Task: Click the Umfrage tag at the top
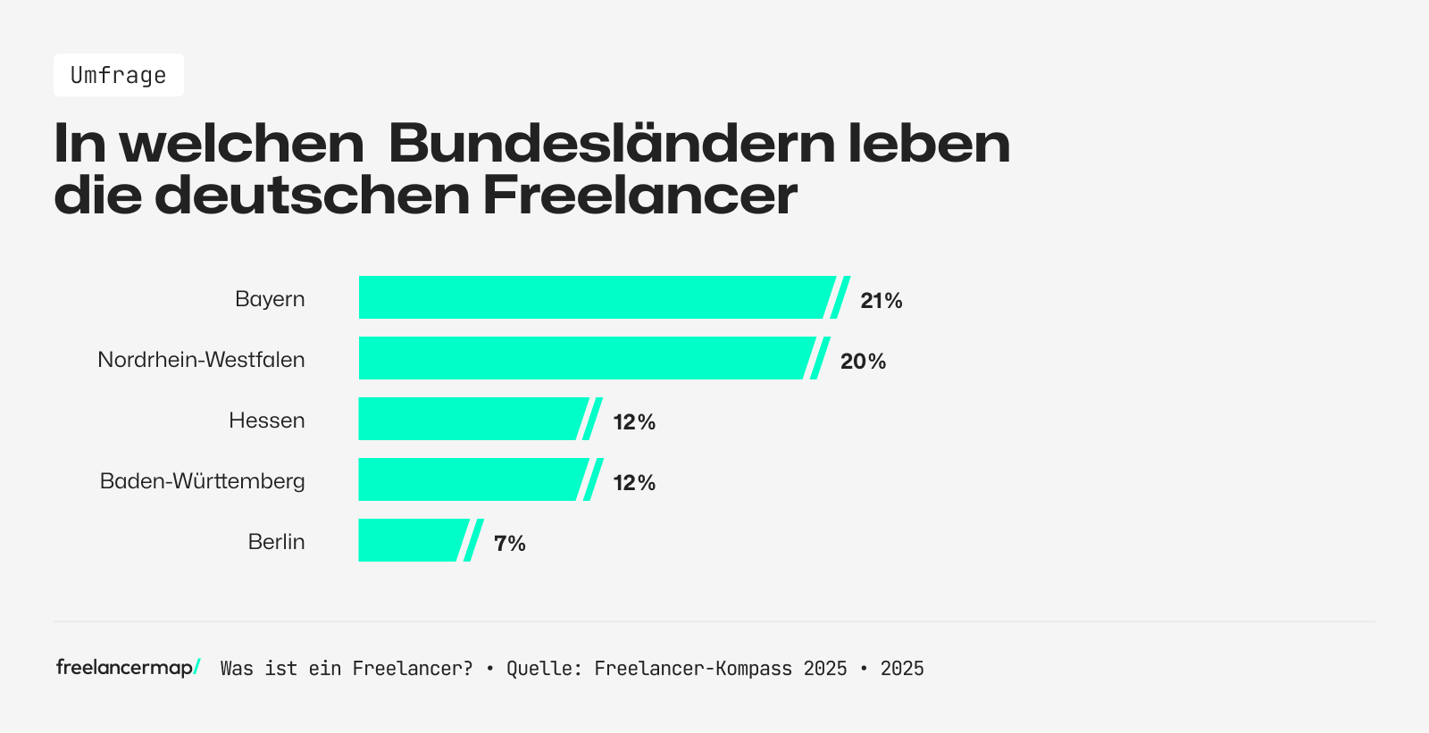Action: coord(118,75)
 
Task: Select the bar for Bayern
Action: coord(594,297)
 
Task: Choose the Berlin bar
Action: coord(411,540)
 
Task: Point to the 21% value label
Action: coord(881,301)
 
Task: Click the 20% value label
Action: coord(863,362)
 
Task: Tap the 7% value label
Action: coord(509,544)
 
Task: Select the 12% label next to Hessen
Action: coord(634,422)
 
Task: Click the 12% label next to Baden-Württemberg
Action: coord(634,483)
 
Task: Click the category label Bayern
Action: coord(270,299)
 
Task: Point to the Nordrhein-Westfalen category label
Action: coord(201,360)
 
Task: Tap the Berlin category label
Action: coord(276,542)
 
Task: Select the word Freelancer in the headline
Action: coord(639,196)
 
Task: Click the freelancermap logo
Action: coord(128,668)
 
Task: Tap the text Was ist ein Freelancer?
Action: coord(347,669)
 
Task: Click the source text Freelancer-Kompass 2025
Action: coord(720,669)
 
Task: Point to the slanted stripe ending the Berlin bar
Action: coord(473,540)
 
